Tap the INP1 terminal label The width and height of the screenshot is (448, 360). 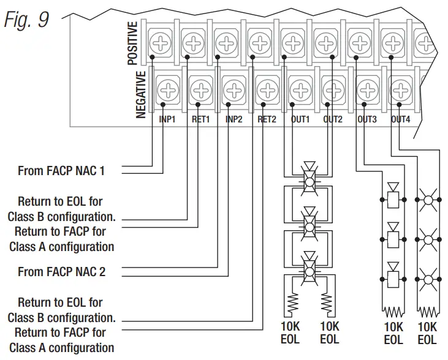[167, 119]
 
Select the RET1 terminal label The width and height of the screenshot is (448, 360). [200, 119]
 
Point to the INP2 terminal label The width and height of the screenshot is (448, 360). [233, 119]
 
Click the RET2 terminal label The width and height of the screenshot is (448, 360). [267, 119]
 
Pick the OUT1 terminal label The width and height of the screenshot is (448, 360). [300, 119]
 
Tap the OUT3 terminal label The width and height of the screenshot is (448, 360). [367, 119]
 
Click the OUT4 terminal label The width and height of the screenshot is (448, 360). [400, 119]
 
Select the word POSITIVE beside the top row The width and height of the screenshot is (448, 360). [132, 43]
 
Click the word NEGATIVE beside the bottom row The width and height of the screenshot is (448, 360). [141, 94]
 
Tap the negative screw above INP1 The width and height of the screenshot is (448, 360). [168, 90]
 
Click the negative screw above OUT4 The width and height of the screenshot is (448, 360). [401, 90]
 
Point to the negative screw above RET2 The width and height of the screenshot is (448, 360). [268, 90]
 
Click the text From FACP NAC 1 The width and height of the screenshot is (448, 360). [61, 171]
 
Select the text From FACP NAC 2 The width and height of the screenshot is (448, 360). [61, 271]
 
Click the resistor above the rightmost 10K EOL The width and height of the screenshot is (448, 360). [428, 312]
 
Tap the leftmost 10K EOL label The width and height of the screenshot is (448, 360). [290, 333]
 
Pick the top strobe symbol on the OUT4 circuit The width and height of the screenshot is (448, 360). [428, 200]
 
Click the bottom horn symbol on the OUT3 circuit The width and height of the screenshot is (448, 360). [393, 275]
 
